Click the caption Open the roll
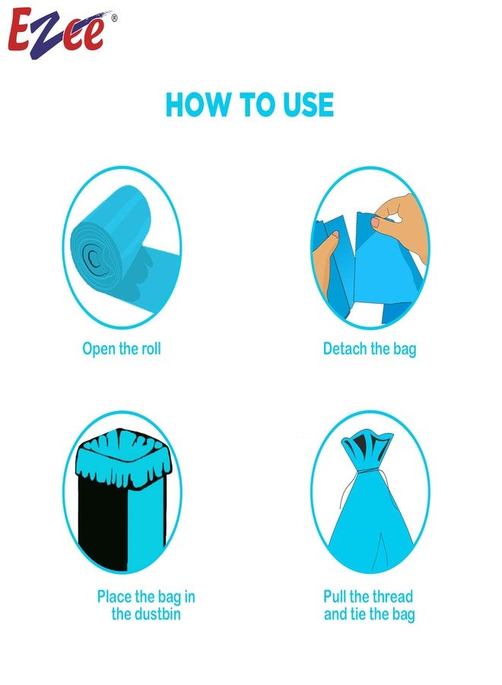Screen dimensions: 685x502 [x=122, y=349]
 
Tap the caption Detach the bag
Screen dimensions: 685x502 [x=370, y=349]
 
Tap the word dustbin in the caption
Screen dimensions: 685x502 [x=146, y=614]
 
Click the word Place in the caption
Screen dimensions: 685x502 [x=115, y=597]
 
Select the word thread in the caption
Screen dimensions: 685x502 [x=388, y=597]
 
